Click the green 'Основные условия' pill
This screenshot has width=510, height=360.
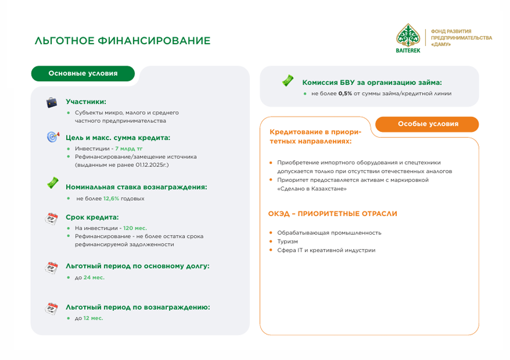tap(83, 74)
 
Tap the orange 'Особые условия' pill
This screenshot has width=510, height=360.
tap(427, 124)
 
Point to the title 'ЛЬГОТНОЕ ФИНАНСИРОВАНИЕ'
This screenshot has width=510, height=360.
tap(122, 41)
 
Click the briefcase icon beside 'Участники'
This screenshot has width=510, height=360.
tap(52, 102)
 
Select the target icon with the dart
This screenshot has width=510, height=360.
tap(53, 136)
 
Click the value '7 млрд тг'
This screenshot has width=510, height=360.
tap(129, 149)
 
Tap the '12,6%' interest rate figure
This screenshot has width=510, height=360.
tap(111, 198)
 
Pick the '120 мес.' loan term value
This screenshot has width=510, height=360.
tap(135, 228)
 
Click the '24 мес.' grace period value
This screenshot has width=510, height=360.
tap(94, 278)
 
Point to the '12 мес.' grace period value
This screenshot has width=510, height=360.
tap(93, 318)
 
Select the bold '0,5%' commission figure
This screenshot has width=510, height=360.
tap(345, 93)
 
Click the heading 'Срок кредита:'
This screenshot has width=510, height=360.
tap(92, 217)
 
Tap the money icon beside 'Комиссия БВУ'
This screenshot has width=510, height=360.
tap(288, 80)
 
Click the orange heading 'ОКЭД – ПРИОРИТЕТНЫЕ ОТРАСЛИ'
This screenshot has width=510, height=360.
tap(333, 214)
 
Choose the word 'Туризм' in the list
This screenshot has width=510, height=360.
tap(287, 242)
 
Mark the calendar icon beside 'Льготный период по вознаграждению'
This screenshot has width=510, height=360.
tap(51, 308)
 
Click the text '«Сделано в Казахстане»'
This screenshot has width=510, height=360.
tap(312, 189)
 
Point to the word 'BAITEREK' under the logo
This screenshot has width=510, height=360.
tap(408, 50)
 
